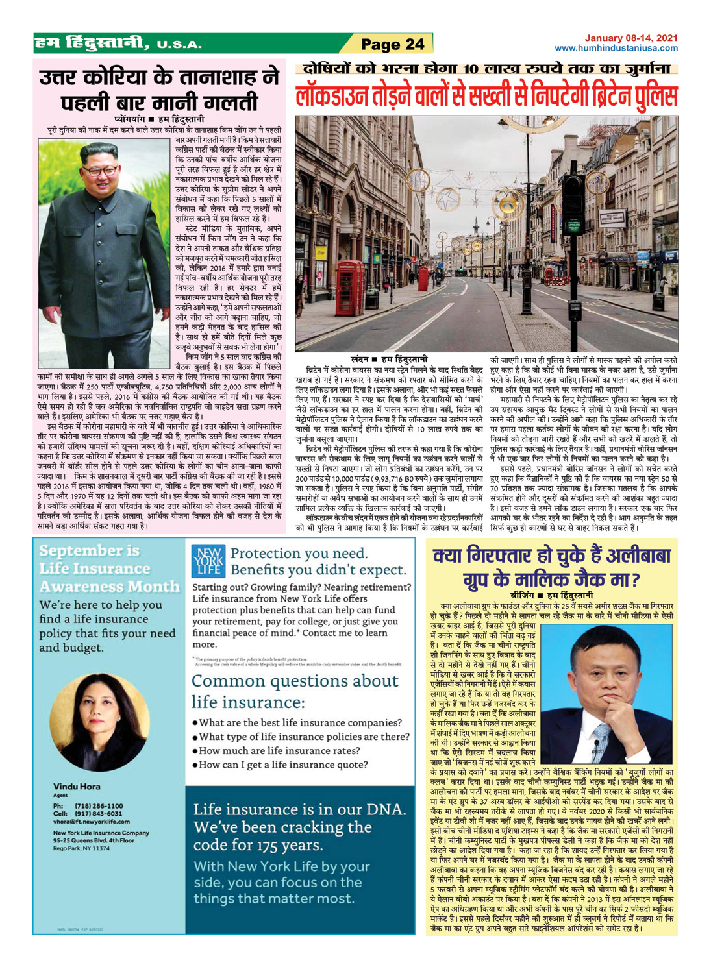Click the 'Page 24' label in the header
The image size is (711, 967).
[x=392, y=44]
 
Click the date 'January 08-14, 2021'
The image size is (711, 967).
[x=631, y=38]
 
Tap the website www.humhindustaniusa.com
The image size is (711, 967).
[x=616, y=48]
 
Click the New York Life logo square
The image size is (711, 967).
[x=208, y=561]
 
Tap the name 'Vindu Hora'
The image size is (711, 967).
[x=77, y=787]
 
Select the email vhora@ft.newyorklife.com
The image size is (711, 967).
[x=92, y=821]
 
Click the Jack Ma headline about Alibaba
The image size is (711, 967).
[x=552, y=567]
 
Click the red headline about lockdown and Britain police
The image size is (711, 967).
[x=486, y=96]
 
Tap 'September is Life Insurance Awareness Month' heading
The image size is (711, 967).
[x=108, y=569]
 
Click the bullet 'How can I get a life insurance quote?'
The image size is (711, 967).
[x=283, y=765]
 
